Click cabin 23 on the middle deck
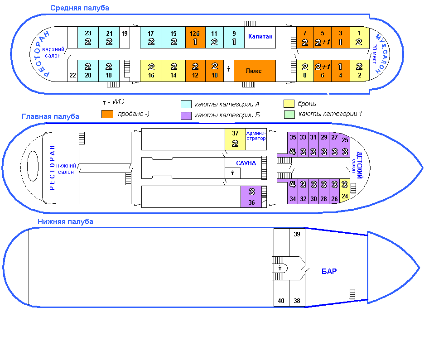(88, 38)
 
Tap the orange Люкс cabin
(255, 71)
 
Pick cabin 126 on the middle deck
(195, 38)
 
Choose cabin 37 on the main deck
(235, 139)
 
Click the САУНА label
(246, 163)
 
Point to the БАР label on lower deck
(329, 272)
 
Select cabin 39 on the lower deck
(297, 235)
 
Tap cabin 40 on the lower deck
(281, 301)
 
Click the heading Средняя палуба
(79, 8)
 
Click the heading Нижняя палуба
(65, 221)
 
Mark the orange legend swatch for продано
(107, 114)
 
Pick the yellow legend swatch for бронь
(289, 104)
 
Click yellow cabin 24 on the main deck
(345, 191)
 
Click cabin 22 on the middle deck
(72, 75)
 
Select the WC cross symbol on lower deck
(280, 268)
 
